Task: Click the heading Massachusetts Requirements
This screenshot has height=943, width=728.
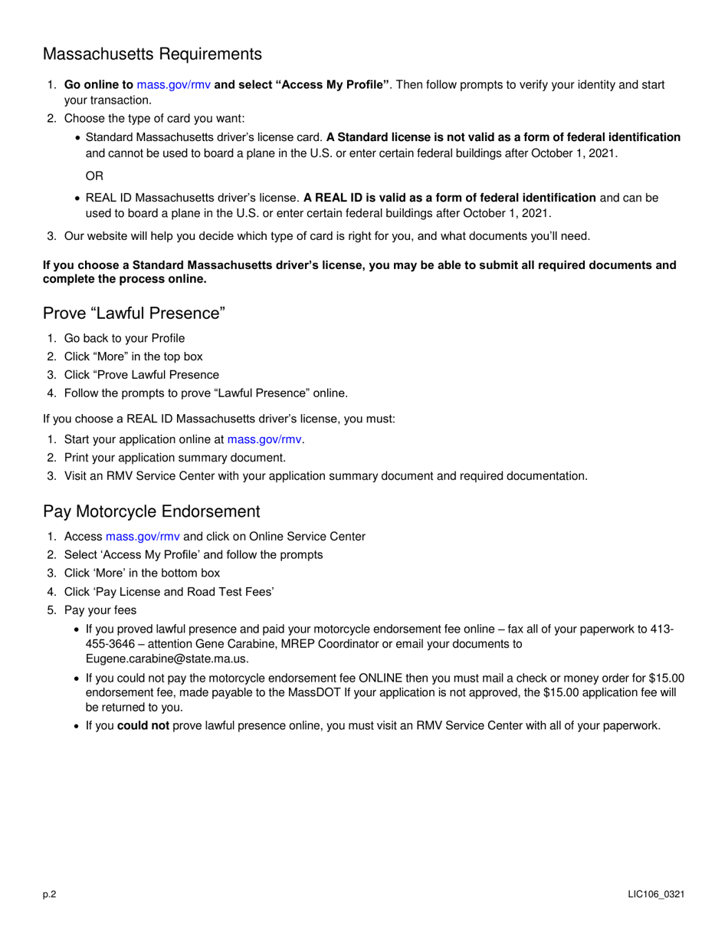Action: click(x=152, y=54)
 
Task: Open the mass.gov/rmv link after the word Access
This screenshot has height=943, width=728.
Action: click(x=143, y=537)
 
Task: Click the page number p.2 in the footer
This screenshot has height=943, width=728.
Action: click(x=50, y=895)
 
